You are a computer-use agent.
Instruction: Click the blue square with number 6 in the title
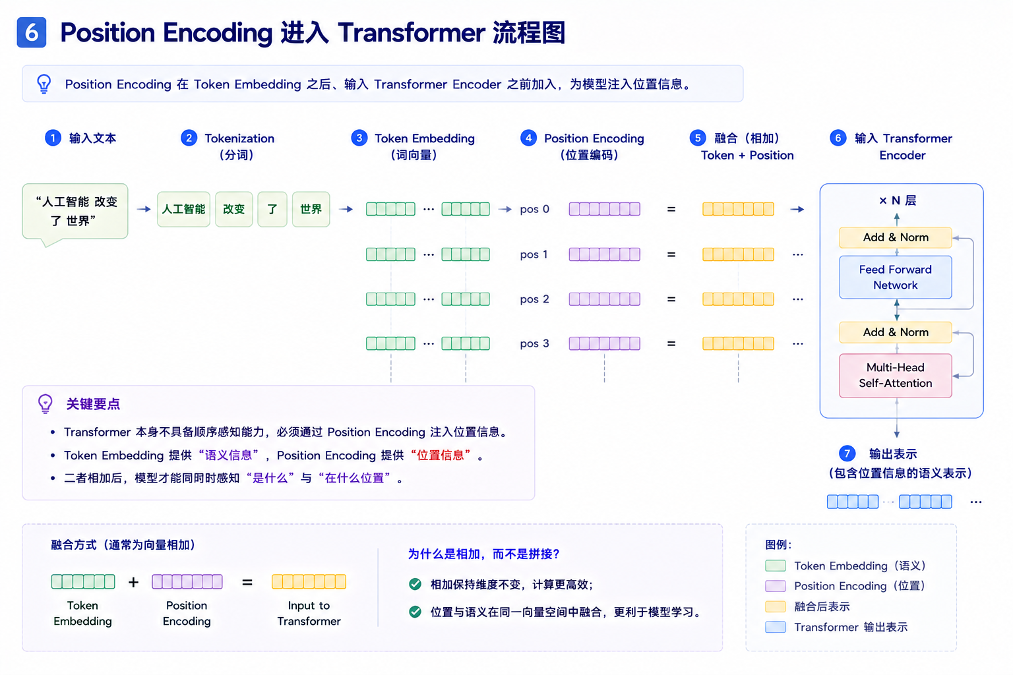coord(31,32)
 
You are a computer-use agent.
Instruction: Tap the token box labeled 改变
coord(234,209)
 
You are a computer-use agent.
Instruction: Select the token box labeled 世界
coord(311,209)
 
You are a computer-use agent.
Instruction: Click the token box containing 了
coord(272,209)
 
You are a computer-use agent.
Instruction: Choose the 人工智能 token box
coord(183,209)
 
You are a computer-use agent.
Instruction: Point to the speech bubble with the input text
coord(75,212)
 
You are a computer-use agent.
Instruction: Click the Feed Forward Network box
coord(896,277)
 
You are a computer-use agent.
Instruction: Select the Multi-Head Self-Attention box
coord(896,375)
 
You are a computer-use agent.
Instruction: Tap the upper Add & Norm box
coord(896,237)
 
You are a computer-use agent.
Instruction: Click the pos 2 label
coord(535,299)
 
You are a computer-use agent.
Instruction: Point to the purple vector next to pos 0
coord(605,209)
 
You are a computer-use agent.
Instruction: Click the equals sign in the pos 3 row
coord(671,343)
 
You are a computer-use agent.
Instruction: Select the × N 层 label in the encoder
coord(898,200)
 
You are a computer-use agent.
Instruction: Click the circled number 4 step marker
coord(528,138)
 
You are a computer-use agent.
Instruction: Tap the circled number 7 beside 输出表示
coord(847,453)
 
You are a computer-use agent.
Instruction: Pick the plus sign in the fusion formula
coord(133,582)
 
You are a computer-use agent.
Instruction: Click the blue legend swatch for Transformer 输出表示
coord(775,627)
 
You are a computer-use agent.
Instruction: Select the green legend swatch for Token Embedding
coord(775,566)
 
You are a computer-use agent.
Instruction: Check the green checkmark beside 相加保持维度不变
coord(415,584)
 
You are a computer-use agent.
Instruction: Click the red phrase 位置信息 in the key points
coord(441,455)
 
